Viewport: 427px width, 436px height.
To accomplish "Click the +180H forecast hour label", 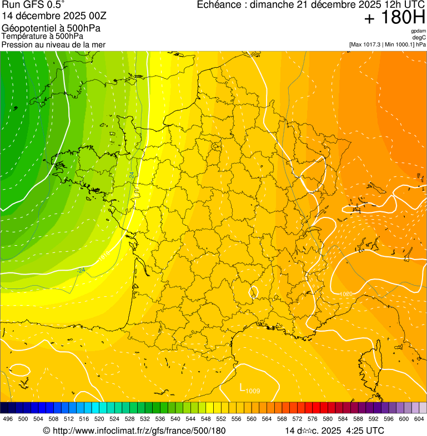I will pyautogui.click(x=395, y=18).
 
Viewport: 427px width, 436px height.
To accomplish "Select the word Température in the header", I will pyautogui.click(x=23, y=36).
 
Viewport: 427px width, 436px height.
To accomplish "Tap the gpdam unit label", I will pyautogui.click(x=418, y=31).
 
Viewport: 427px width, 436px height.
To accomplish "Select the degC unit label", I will pyautogui.click(x=419, y=37).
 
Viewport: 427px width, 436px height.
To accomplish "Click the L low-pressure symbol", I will pyautogui.click(x=242, y=387).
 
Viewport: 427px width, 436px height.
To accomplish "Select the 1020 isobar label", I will pyautogui.click(x=345, y=292).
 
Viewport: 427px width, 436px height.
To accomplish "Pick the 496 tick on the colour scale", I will pyautogui.click(x=8, y=419).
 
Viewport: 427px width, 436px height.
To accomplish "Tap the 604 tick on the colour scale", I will pyautogui.click(x=419, y=419).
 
